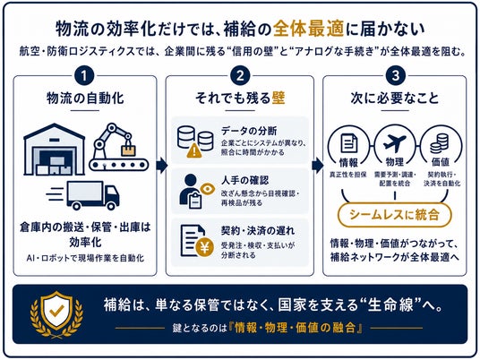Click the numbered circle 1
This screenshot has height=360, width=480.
(x=84, y=76)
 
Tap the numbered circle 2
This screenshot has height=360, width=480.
(x=240, y=76)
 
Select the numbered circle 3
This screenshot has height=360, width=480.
(x=396, y=76)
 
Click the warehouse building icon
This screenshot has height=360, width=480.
(x=55, y=150)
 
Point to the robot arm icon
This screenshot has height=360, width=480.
(x=119, y=147)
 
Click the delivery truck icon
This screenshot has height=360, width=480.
(x=83, y=195)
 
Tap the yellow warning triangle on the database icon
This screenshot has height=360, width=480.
(x=194, y=150)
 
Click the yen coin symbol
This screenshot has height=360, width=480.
(x=205, y=247)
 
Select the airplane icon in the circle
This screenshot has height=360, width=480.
(x=395, y=143)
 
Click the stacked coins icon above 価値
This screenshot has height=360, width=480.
(x=440, y=143)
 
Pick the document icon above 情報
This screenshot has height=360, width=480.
(x=349, y=143)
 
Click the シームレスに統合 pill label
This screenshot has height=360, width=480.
(x=395, y=215)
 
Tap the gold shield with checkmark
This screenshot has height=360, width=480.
(x=56, y=313)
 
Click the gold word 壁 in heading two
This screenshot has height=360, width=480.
(x=279, y=98)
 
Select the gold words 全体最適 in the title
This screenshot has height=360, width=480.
(x=309, y=29)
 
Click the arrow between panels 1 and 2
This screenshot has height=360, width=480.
(x=161, y=166)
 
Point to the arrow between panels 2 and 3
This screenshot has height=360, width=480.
(x=317, y=166)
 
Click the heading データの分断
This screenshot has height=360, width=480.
(x=249, y=131)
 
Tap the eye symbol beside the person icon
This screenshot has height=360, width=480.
(x=207, y=189)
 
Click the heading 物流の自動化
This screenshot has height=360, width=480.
(x=85, y=99)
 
